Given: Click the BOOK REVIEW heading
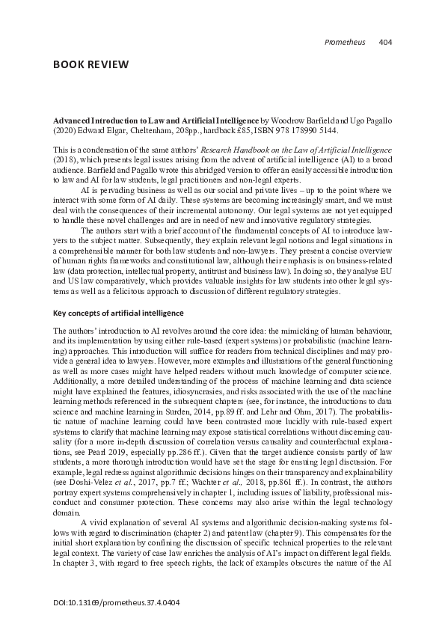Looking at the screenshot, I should (x=90, y=64).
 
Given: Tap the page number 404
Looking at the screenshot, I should (x=386, y=41).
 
